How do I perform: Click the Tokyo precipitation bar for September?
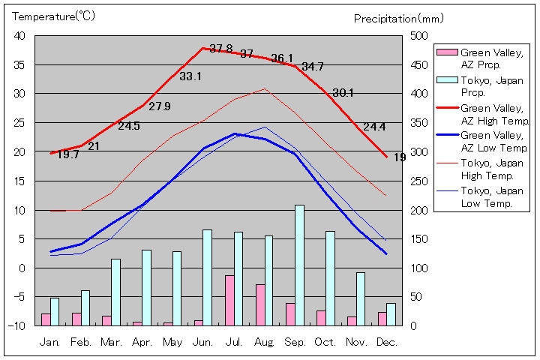pos(299,265)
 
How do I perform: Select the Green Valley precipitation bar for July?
pos(229,300)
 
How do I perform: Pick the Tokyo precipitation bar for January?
pos(55,311)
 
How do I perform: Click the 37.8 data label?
pos(221,49)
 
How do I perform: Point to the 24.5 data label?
pos(129,126)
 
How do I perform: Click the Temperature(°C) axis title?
pos(54,16)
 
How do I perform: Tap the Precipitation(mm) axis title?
pos(398,18)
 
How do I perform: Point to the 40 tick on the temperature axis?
pos(19,36)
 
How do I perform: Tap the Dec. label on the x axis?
pos(387,342)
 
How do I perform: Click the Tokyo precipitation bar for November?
pos(361,298)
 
